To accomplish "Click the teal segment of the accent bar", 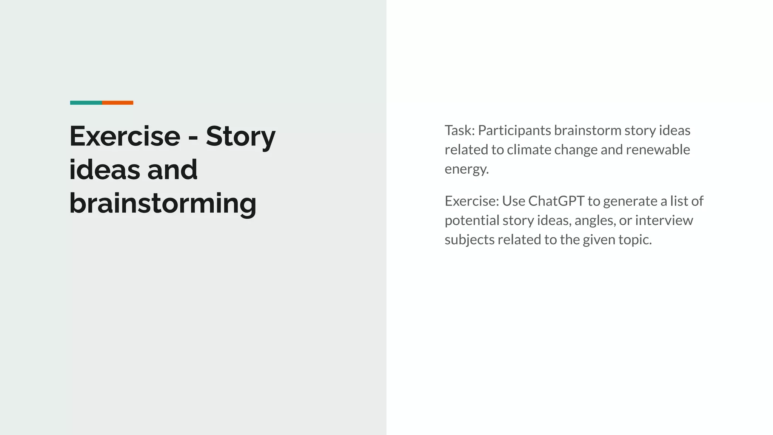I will click(x=86, y=103).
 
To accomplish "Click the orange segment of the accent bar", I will click(x=117, y=103).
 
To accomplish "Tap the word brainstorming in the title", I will click(x=163, y=204).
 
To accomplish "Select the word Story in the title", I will click(x=240, y=136).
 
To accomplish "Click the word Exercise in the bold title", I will click(x=125, y=136).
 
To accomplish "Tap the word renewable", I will click(x=658, y=150).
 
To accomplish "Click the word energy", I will click(x=466, y=170).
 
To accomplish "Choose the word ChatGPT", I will click(x=556, y=201).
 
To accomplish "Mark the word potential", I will click(x=472, y=221).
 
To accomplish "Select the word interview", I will click(x=664, y=220).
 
